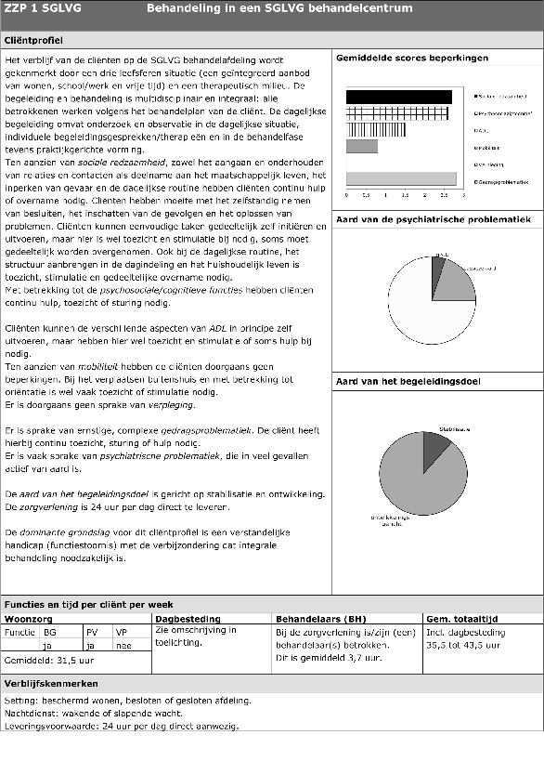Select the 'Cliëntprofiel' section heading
(36, 42)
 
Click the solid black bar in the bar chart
(398, 96)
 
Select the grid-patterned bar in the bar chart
(399, 112)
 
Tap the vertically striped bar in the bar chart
(398, 129)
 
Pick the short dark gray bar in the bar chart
(361, 146)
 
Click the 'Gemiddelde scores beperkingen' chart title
(411, 59)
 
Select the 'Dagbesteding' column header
(188, 618)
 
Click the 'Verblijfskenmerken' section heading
(51, 683)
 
